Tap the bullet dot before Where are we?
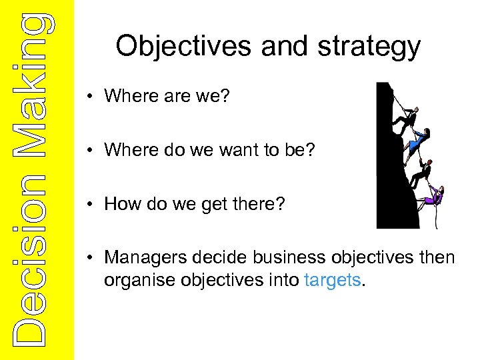(x=90, y=97)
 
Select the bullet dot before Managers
(x=90, y=258)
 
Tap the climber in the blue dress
(x=417, y=141)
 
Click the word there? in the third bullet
(x=263, y=203)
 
